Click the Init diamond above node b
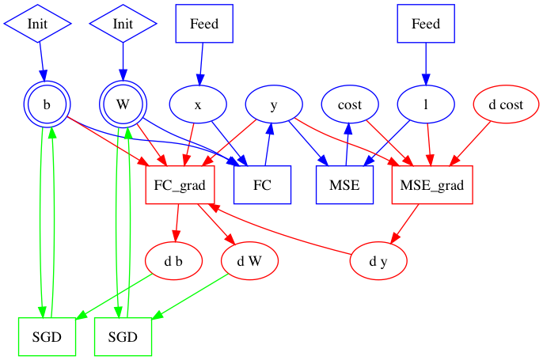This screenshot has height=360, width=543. coord(37,24)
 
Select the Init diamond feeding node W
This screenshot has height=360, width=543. coord(123,24)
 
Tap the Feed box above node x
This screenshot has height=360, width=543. coord(204,24)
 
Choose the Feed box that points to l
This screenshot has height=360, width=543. coord(426,24)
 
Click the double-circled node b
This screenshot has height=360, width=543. coord(47,104)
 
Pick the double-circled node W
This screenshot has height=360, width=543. coord(123,104)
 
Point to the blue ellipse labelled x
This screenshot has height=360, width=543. coord(198,104)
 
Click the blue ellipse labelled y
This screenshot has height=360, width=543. coord(274,104)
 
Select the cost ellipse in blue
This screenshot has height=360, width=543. coord(350,104)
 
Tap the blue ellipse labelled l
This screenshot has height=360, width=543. coord(426,104)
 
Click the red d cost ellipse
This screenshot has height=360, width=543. coord(502,104)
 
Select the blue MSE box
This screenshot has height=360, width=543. coord(344,186)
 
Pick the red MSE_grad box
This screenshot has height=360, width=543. coord(432,186)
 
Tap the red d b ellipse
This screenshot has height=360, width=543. coord(173,260)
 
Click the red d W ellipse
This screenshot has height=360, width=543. coord(249,260)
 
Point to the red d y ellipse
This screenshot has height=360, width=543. coord(378,260)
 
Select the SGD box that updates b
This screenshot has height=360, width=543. coord(47,335)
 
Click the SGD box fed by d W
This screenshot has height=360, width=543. coord(123,335)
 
